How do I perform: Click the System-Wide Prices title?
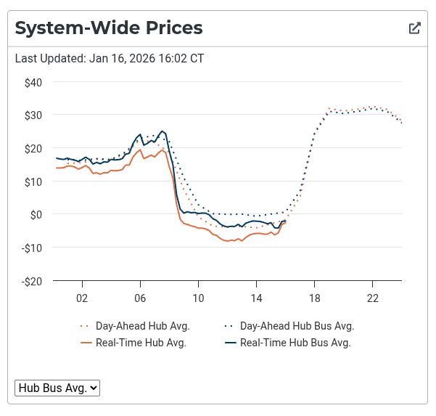pos(108,28)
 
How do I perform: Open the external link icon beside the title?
pos(415,28)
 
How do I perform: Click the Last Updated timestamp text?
pos(110,58)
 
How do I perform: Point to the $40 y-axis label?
pos(33,82)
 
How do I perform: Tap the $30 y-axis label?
pos(33,115)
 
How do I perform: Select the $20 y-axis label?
pos(33,148)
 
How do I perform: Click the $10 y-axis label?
pos(33,181)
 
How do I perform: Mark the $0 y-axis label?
pos(36,214)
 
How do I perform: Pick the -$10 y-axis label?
pos(32,248)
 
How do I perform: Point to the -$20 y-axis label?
pos(32,281)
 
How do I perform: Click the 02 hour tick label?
pos(82,298)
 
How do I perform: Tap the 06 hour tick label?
pos(140,298)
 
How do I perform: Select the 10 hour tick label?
pos(198,298)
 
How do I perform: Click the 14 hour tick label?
pos(256,298)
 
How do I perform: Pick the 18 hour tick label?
pos(314,298)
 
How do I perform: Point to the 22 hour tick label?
pos(372,298)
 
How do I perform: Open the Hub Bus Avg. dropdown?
pos(57,388)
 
